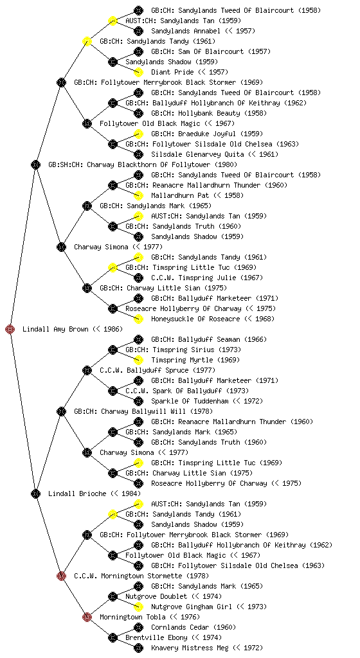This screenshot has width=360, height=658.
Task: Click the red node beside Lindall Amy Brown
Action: point(10,330)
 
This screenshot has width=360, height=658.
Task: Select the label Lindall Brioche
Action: point(77,493)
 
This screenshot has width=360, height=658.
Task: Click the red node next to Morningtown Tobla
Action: point(87,617)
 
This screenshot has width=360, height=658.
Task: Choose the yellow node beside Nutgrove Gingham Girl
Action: point(138,607)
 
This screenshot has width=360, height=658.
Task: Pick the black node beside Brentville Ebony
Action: point(113,638)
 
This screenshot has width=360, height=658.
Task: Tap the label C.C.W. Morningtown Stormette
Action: point(128,576)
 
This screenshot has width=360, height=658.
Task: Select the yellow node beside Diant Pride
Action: point(138,72)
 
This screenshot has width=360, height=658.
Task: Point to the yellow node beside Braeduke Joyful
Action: point(138,134)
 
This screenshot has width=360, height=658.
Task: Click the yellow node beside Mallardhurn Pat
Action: point(138,195)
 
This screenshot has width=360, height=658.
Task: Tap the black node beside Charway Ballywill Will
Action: point(61,412)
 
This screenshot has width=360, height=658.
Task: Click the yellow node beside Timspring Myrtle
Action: point(138,360)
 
